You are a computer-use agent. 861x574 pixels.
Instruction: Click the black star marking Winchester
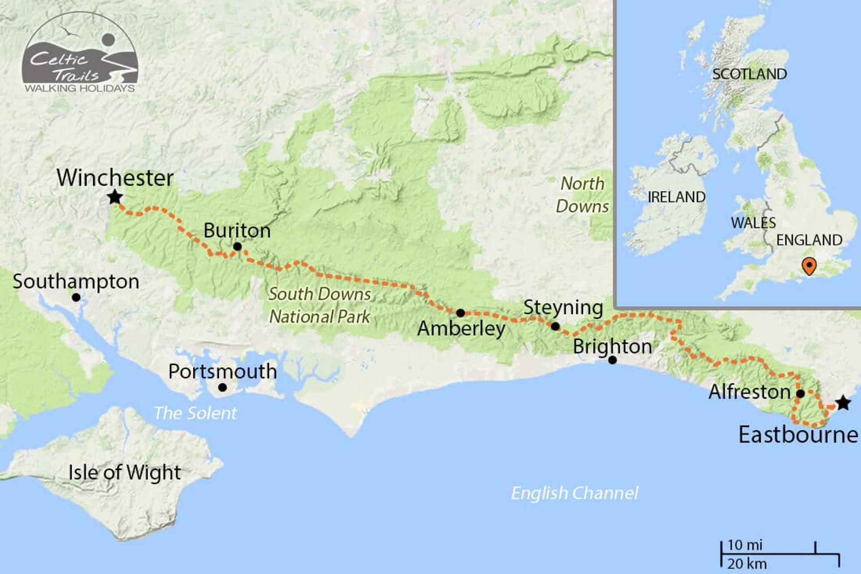pos(115,197)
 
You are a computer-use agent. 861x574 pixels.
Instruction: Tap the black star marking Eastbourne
pos(843,403)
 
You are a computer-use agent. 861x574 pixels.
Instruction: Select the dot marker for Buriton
pos(237,247)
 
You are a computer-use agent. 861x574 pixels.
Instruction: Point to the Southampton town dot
pos(76,297)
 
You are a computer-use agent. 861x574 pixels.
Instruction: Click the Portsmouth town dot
pos(222,387)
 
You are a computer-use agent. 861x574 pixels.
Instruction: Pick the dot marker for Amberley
pos(461,313)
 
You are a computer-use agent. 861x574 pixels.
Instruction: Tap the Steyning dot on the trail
pos(555,326)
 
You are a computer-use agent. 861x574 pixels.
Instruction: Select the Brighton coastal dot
pos(613,360)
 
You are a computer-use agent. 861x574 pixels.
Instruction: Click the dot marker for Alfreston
pos(800,394)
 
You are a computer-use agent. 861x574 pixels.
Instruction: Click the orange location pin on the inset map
pos(809,266)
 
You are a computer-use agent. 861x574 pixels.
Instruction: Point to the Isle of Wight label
pos(125,472)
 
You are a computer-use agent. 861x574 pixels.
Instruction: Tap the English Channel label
pos(574,493)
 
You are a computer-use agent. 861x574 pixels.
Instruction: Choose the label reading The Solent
pos(195,413)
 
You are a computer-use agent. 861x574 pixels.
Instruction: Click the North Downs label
pos(582,195)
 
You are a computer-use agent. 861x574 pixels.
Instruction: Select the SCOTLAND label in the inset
pos(749,74)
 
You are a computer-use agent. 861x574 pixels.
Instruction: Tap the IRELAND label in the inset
pos(676,197)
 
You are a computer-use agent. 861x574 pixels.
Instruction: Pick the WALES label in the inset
pos(753,223)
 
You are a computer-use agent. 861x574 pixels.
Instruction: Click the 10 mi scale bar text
pos(745,545)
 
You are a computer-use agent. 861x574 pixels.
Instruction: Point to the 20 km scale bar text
pos(747,564)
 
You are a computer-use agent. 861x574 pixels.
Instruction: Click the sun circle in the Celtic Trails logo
pos(109,40)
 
